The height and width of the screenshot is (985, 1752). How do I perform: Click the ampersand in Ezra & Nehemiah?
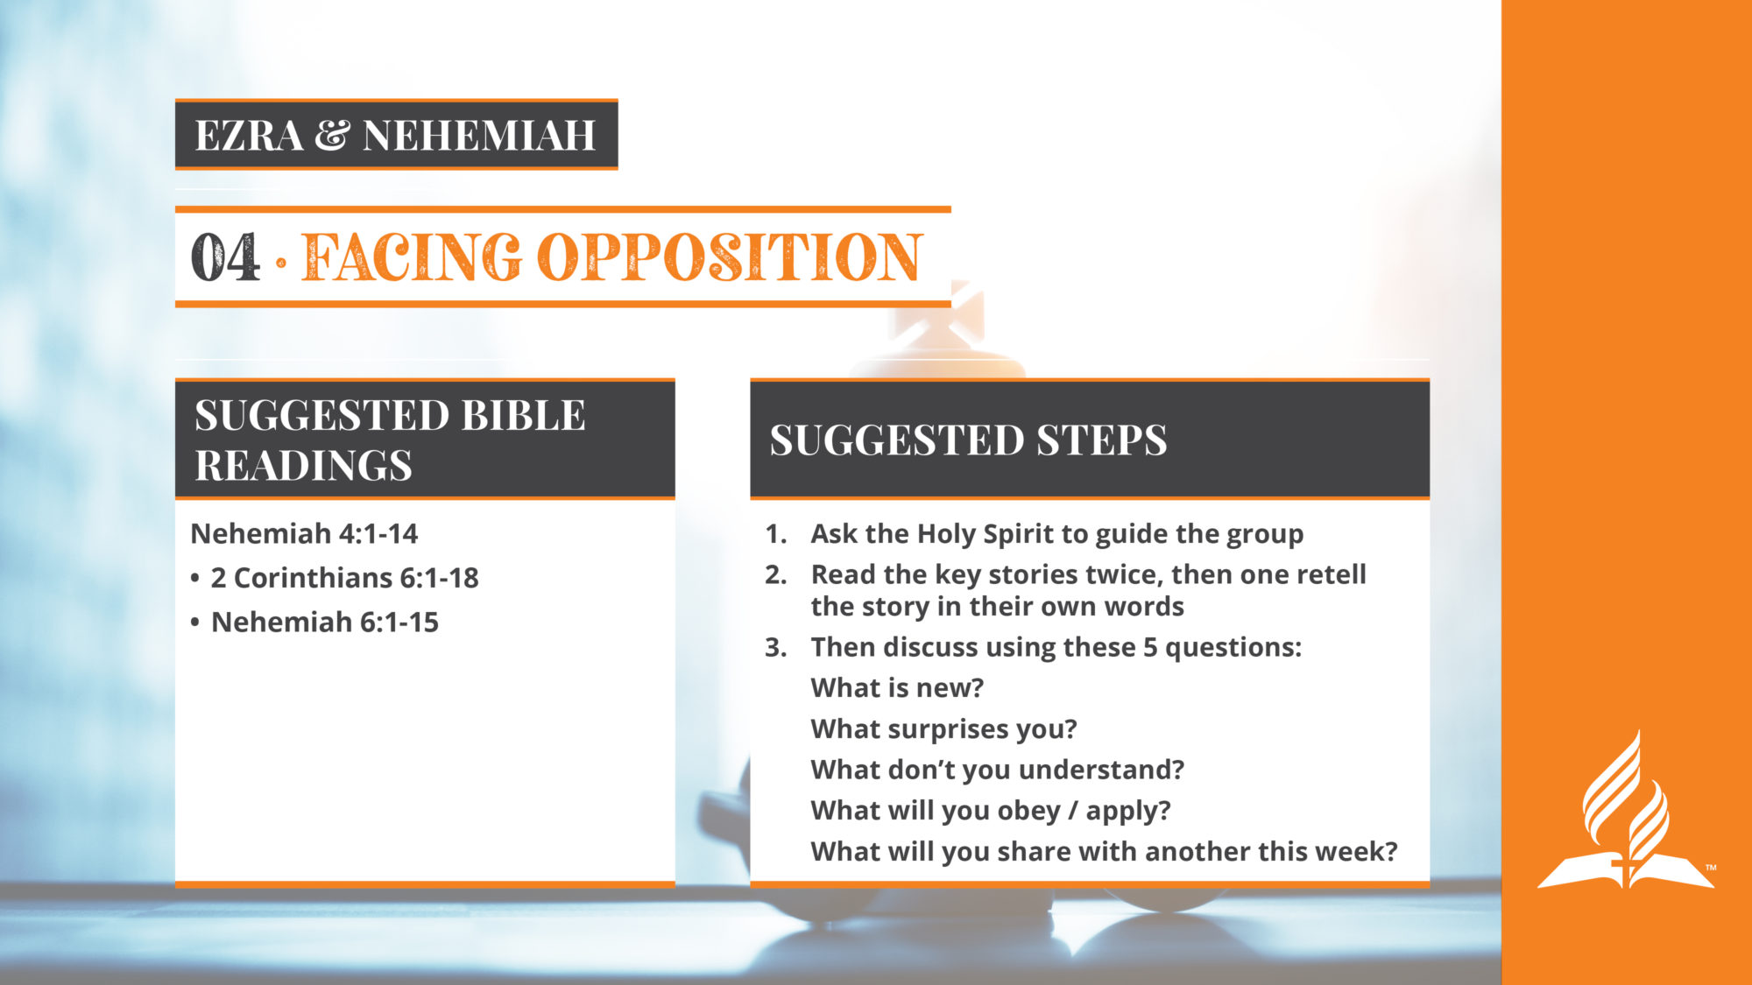coord(333,135)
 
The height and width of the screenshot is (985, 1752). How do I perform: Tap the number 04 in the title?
coord(225,257)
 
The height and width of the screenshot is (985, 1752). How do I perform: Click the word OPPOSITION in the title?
coord(730,257)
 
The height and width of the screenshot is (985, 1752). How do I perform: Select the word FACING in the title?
coord(412,257)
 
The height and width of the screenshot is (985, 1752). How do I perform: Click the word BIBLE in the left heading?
coord(523,415)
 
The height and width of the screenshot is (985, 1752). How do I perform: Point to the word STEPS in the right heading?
coord(1102,440)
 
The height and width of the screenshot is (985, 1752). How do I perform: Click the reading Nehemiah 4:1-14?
coord(304,533)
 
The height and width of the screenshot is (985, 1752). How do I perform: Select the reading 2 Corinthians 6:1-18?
coord(345,578)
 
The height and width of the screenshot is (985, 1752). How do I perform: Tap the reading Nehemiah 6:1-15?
coord(325,622)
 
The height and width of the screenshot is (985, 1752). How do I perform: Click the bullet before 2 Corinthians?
coord(195,579)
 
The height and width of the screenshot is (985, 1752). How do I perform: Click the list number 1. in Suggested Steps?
coord(776,533)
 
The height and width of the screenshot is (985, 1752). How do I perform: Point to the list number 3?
coord(776,647)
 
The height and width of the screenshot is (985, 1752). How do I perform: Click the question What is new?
coord(897,688)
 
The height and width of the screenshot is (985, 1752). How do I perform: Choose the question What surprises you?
coord(943,729)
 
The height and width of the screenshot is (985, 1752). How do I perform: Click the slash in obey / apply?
coord(1073,811)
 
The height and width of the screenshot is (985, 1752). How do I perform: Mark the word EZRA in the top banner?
coord(249,135)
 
